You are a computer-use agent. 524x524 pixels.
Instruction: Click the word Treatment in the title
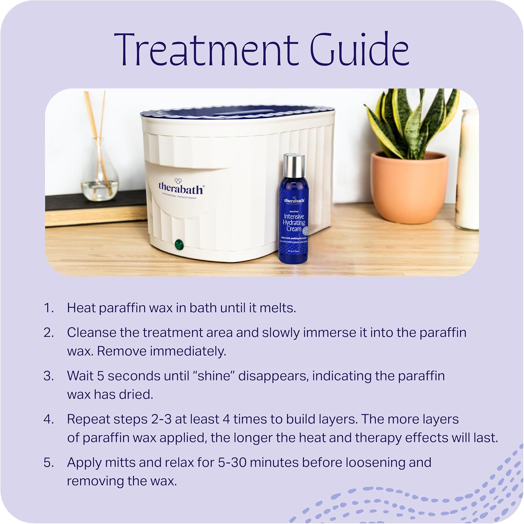206,50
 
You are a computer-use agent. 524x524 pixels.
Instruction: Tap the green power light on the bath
180,244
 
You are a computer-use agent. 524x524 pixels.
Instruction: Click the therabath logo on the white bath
181,189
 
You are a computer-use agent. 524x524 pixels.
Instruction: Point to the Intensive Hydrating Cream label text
294,223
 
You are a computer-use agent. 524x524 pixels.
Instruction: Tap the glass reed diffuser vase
100,175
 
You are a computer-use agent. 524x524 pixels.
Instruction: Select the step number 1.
48,308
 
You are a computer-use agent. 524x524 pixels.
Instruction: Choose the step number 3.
48,376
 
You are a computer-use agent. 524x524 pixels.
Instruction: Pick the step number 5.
48,462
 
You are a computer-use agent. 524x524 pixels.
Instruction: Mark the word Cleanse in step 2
92,332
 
